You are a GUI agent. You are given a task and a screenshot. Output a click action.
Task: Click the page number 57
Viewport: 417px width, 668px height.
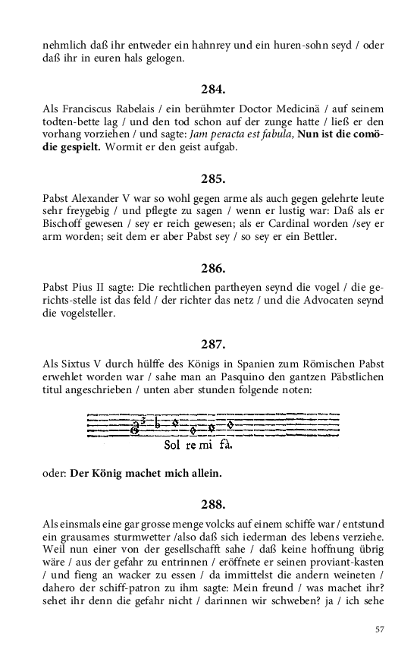pos(380,629)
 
